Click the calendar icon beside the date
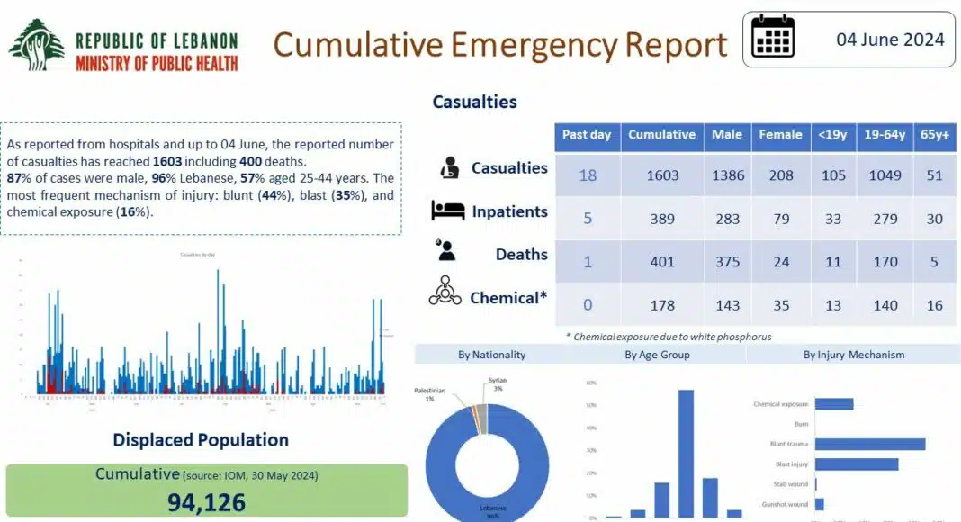click(773, 38)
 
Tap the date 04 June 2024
click(890, 40)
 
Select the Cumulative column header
click(661, 135)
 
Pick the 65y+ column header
click(935, 135)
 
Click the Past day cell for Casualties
click(587, 175)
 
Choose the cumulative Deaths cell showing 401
click(661, 262)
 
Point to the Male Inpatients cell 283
click(727, 219)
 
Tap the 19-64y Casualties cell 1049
click(885, 175)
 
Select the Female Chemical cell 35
click(780, 305)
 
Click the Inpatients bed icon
click(447, 211)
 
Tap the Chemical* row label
click(508, 297)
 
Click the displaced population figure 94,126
click(206, 502)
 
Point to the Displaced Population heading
click(201, 440)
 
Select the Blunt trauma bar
click(870, 444)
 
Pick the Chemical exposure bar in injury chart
click(834, 404)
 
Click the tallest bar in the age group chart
click(686, 454)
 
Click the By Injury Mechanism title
click(853, 355)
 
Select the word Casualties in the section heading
click(474, 102)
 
